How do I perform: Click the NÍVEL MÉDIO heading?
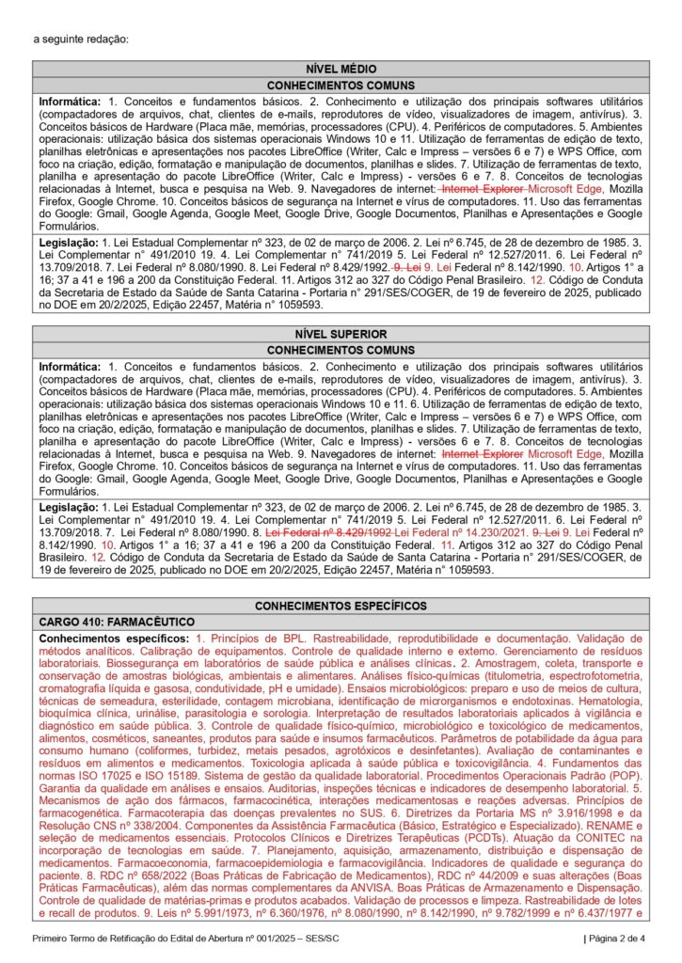point(341,69)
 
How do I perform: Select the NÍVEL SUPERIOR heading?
point(341,334)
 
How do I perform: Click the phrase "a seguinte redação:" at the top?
point(80,39)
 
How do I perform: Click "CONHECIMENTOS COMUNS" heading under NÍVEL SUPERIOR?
point(341,350)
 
